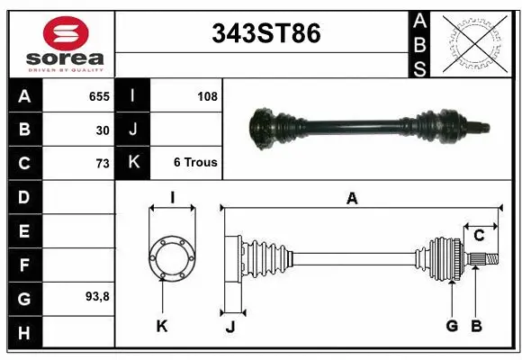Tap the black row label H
(23, 333)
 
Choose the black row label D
(23, 196)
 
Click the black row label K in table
(132, 163)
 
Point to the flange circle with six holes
(171, 257)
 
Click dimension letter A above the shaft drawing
(352, 199)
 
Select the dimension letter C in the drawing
(480, 235)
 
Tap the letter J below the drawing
(229, 327)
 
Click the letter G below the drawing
(452, 326)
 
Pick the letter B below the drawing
(477, 326)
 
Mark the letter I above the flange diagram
(171, 197)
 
